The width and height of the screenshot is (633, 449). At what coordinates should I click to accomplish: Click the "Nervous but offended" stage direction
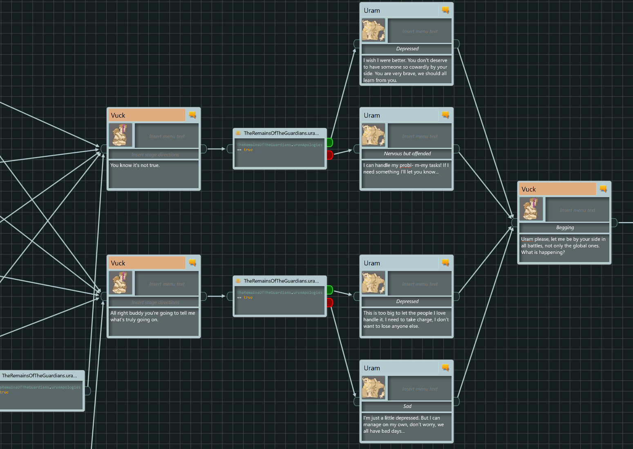coord(407,154)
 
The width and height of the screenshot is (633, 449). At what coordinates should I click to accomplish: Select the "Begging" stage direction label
coord(565,228)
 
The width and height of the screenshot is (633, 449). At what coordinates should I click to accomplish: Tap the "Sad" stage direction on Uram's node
coord(407,407)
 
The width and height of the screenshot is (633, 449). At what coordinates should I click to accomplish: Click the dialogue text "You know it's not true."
coord(135,166)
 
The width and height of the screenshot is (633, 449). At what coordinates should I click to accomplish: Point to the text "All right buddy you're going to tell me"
coord(153,313)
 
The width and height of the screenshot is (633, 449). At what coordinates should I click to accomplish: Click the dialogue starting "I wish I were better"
coord(405,70)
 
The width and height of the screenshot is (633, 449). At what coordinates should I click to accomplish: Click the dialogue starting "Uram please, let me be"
coord(563,246)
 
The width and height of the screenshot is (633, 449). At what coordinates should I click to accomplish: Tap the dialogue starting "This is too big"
coord(406,320)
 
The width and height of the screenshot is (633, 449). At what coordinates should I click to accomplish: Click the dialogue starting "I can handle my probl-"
coord(406,169)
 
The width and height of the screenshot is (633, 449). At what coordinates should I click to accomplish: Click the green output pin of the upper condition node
coord(330,142)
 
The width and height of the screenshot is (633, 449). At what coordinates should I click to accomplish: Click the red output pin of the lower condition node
coord(330,302)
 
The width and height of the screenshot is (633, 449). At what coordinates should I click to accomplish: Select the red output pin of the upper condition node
coord(330,155)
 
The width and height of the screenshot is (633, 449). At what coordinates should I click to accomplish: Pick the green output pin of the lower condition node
coord(330,290)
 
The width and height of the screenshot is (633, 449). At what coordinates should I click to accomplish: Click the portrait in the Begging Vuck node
coord(531,209)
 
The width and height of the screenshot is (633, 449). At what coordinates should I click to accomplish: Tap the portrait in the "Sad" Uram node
coord(374,388)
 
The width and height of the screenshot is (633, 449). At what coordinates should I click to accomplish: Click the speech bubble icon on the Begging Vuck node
coord(603,189)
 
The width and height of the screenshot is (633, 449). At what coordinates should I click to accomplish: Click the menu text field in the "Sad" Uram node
coord(420,389)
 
